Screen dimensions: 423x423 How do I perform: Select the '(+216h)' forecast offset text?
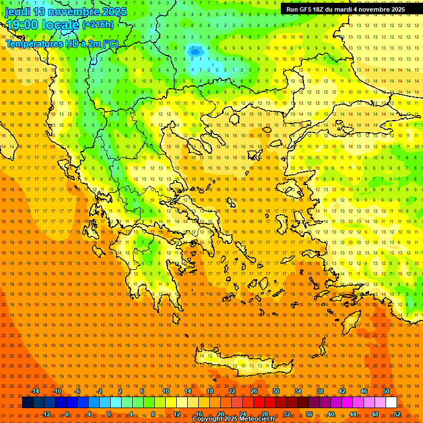pos(98,24)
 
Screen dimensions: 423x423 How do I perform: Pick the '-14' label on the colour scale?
pos(35,391)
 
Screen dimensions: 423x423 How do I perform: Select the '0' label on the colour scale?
pos(109,414)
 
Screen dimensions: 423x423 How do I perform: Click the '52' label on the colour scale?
pos(397,414)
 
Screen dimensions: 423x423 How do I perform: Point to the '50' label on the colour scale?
pos(386,391)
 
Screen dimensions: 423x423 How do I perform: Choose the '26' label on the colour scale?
pos(253,391)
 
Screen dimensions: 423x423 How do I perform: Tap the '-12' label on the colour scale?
pos(46,414)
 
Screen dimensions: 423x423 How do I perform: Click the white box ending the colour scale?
pos(391,403)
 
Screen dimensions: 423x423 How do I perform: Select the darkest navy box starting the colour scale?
pos(28,403)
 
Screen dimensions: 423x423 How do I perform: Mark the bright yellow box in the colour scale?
pos(182,403)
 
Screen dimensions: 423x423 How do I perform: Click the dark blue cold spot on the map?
pos(195,51)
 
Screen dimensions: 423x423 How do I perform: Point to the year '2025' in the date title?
pos(114,12)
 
